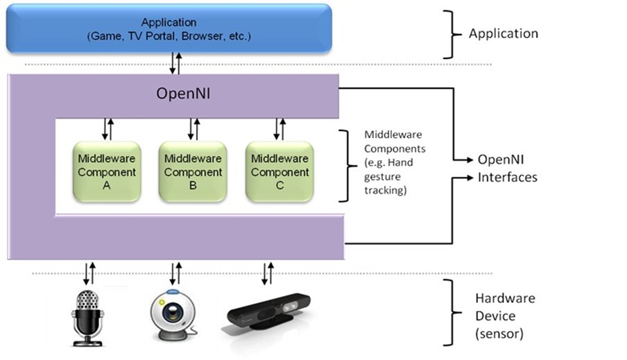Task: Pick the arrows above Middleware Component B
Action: [194, 129]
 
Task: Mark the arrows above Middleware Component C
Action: [280, 129]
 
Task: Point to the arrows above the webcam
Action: [175, 273]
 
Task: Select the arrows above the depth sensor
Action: [266, 273]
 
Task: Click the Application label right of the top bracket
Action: [503, 33]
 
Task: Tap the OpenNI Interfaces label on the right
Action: [506, 169]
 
